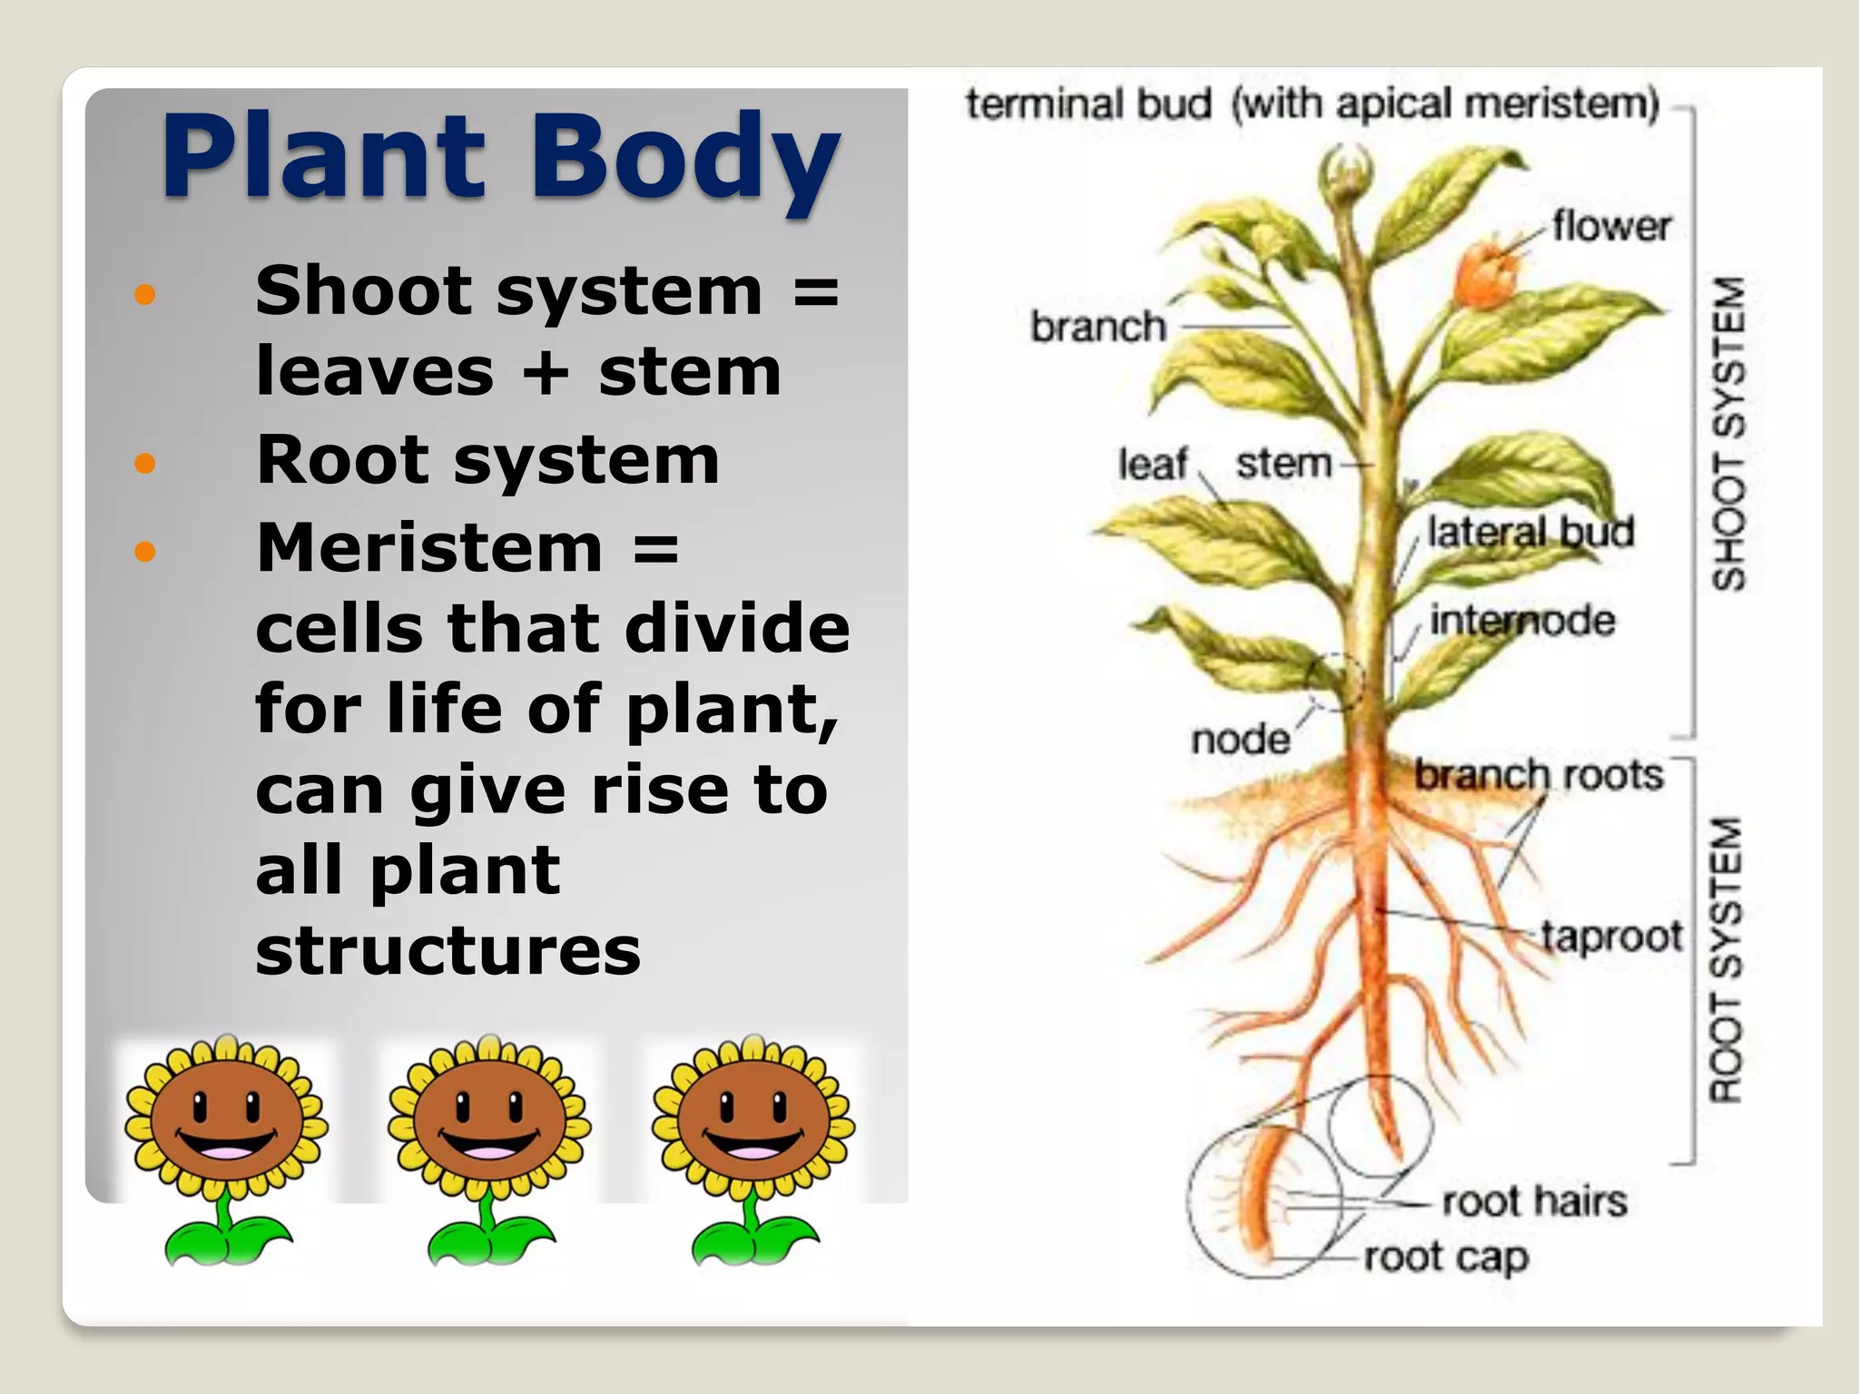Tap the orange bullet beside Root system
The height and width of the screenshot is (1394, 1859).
144,464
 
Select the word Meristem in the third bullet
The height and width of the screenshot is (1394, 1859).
429,548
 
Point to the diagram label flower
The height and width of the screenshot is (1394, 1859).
1610,226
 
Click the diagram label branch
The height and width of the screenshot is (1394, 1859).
1097,327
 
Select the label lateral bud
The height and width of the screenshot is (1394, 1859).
1530,532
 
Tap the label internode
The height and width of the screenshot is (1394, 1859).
1522,621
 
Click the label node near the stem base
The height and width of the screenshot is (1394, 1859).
1240,740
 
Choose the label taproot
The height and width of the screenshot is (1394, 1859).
1611,936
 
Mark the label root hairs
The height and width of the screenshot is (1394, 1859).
1534,1201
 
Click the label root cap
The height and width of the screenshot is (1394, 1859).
1446,1258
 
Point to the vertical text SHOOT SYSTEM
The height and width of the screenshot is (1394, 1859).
1728,434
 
